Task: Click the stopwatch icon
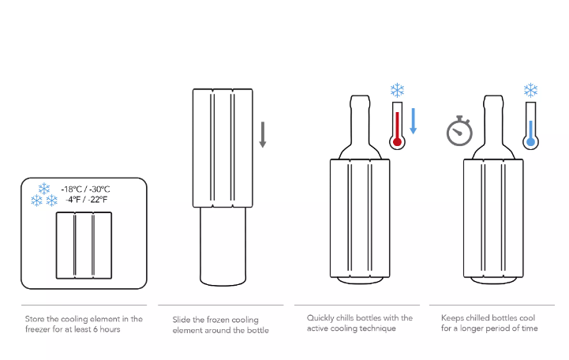[459, 131]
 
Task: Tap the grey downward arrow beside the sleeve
[263, 135]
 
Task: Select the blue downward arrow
[413, 122]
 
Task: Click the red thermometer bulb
[398, 141]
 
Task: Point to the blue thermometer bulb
[530, 141]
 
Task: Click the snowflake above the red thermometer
[398, 90]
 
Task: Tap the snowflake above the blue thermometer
[530, 90]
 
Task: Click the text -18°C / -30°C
[86, 189]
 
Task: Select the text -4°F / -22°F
[87, 199]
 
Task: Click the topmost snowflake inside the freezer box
[44, 189]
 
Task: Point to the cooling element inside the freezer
[84, 246]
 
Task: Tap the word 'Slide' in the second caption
[181, 320]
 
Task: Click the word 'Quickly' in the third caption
[320, 318]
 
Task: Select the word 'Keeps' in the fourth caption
[452, 318]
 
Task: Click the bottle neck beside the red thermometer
[360, 120]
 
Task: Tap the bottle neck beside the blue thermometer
[493, 120]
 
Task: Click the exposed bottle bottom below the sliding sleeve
[223, 247]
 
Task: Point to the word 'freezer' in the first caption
[36, 329]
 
